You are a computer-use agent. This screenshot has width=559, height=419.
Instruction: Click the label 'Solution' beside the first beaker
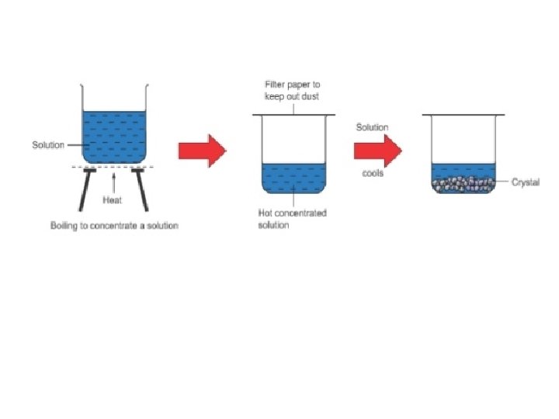pos(48,145)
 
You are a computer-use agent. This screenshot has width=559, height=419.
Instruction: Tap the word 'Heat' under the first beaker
pos(113,199)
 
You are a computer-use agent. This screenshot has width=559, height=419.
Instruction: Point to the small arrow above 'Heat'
pos(113,180)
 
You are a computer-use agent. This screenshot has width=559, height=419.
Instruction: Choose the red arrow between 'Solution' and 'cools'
pos(377,151)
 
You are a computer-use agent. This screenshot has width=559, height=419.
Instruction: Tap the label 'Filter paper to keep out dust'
pos(293,90)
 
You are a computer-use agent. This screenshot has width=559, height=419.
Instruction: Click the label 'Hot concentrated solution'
pos(292,219)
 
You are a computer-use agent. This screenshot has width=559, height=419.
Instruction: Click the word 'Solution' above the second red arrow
pos(373,127)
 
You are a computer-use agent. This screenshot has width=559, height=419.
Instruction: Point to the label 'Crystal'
pos(526,182)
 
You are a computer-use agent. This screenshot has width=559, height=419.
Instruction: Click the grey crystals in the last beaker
pos(463,185)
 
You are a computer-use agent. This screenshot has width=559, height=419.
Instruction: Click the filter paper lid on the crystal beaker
pos(463,116)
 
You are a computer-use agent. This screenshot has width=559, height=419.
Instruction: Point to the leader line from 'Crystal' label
pos(502,182)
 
